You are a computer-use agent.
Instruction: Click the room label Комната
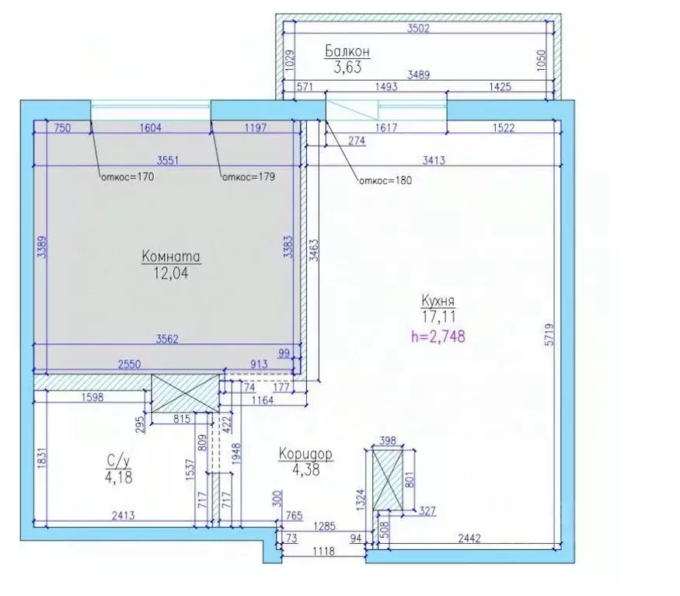171,256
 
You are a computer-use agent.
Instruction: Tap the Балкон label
347,51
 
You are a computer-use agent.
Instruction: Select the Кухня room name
438,301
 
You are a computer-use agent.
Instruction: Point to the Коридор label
305,454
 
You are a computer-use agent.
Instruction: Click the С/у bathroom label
118,461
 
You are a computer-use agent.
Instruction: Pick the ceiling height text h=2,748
438,336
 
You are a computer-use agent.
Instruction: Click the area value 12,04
171,274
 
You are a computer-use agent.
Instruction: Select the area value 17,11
438,317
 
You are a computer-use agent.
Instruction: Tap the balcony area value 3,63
347,68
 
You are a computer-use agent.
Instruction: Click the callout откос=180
385,180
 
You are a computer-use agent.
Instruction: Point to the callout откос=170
127,177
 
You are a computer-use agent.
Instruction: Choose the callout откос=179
249,177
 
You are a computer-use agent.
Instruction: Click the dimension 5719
550,334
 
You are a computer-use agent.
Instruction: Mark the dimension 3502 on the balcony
419,29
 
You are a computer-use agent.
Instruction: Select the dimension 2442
469,538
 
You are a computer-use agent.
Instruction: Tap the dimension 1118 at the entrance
323,552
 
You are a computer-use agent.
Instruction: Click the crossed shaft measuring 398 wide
388,479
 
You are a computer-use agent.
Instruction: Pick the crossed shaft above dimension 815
185,393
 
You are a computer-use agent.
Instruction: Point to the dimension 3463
314,250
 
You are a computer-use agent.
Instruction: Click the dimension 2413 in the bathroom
123,516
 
